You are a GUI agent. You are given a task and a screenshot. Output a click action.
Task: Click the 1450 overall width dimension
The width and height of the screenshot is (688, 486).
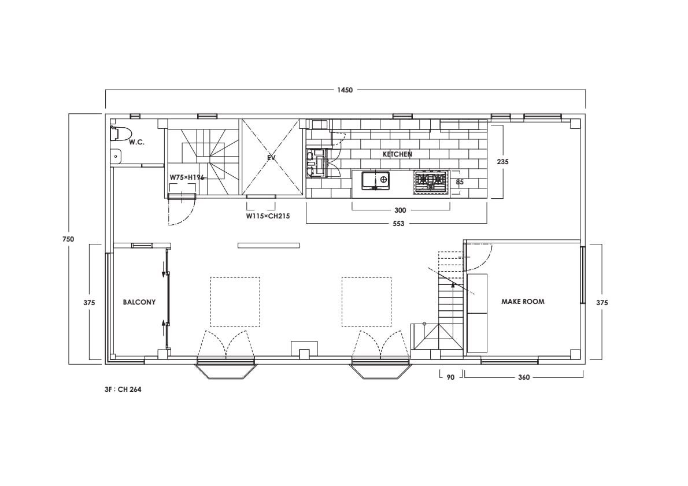click(345, 90)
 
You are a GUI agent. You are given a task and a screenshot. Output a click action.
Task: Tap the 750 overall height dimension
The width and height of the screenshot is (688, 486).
click(68, 239)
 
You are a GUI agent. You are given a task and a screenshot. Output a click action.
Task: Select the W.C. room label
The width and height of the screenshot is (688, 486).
click(136, 143)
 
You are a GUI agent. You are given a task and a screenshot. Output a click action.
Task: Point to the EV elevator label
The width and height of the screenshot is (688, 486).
click(272, 157)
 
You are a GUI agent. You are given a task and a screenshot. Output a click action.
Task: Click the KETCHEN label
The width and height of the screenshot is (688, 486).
click(397, 154)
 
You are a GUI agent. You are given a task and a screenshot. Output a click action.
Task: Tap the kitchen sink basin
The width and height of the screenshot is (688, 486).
click(375, 180)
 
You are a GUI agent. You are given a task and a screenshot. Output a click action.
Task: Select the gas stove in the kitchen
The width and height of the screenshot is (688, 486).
click(431, 181)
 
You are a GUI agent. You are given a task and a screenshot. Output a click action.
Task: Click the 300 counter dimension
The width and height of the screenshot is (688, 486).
click(400, 210)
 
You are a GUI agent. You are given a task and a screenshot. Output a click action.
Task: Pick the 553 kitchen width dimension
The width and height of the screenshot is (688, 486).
click(398, 224)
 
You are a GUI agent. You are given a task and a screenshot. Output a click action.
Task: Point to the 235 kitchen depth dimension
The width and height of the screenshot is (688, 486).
click(502, 162)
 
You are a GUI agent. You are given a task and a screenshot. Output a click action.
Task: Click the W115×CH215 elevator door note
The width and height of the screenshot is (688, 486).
click(268, 216)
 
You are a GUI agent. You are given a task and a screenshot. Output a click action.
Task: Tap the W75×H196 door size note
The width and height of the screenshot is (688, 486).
click(187, 177)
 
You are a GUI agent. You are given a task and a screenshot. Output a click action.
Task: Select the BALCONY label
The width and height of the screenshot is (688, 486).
click(139, 302)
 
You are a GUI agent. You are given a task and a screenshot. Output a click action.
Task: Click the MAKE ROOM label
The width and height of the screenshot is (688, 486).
click(523, 302)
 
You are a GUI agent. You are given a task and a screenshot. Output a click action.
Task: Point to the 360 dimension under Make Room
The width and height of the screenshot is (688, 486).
click(524, 377)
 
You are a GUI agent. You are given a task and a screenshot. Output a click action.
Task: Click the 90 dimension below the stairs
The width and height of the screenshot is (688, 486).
click(450, 377)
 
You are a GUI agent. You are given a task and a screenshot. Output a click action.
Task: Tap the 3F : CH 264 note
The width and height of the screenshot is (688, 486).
click(123, 389)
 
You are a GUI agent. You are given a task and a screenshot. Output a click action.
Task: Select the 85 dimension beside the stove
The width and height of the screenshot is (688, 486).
click(460, 182)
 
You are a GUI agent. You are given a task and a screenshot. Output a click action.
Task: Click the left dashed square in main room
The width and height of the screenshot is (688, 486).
click(235, 277)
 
